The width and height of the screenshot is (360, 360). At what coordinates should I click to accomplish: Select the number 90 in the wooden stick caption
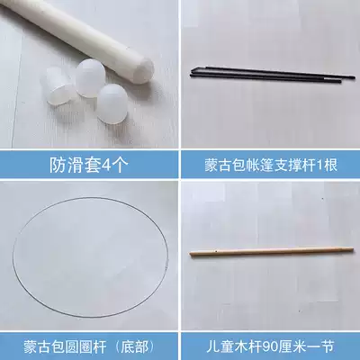pos(277,342)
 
